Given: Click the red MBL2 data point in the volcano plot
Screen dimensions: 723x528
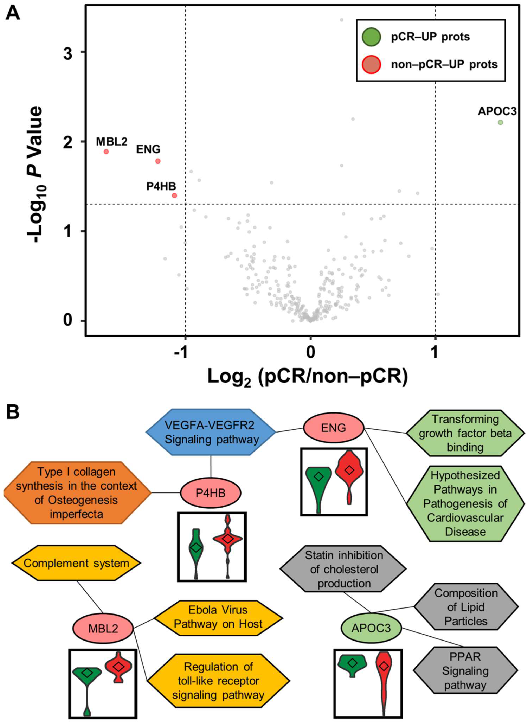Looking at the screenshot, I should coord(106,152).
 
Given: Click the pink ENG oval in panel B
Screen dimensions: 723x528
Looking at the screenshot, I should coord(333,428).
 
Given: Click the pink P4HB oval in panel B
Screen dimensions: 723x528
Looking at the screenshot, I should coord(211,493).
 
